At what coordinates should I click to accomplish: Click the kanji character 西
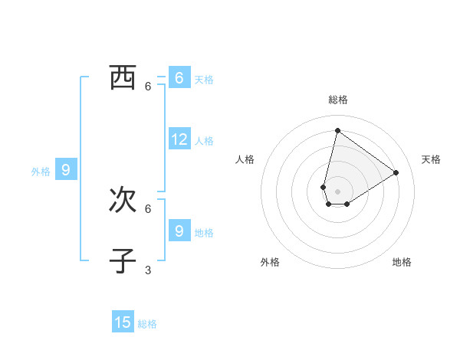(123, 77)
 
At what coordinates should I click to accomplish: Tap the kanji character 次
(123, 200)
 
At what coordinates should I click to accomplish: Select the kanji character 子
(123, 261)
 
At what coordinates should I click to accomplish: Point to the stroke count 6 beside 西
(148, 87)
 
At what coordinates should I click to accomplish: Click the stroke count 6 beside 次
(148, 208)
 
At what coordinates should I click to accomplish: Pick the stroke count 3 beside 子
(148, 270)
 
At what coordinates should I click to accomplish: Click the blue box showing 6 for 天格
(179, 78)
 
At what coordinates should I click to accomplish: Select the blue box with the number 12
(179, 139)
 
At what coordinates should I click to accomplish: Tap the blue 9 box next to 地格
(179, 231)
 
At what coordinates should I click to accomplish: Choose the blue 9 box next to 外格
(66, 170)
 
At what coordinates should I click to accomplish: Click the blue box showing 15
(123, 322)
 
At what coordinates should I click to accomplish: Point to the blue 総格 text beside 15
(147, 324)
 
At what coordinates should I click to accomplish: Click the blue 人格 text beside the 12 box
(204, 141)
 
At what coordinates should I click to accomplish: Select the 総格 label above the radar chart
(337, 100)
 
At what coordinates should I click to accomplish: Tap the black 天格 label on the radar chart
(431, 159)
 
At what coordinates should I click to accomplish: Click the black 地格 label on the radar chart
(402, 262)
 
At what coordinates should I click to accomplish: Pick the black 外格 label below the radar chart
(270, 262)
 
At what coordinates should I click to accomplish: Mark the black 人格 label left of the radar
(245, 159)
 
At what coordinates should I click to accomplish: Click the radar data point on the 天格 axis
(396, 172)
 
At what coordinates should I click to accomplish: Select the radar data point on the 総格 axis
(337, 130)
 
